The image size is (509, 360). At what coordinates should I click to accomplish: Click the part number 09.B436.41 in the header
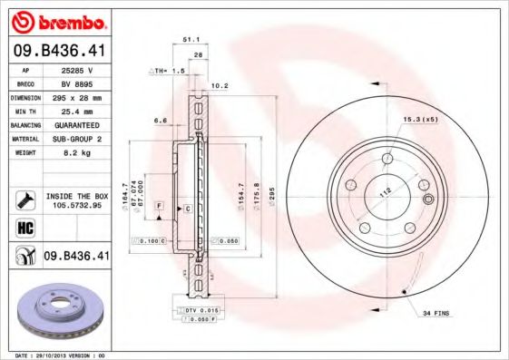pos(62,52)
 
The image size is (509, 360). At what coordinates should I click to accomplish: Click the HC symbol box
pos(26,228)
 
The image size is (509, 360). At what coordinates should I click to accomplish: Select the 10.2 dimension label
pos(218,87)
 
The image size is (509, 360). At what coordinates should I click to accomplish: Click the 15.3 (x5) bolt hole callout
pos(419,119)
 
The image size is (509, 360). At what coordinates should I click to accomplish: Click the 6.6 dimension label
pos(160,119)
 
